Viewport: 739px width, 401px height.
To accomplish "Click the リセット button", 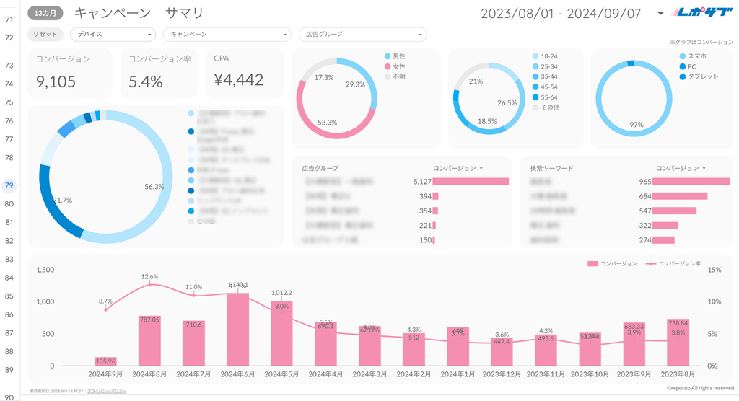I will click(x=45, y=35).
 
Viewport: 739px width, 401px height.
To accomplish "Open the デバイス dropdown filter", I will click(x=113, y=35).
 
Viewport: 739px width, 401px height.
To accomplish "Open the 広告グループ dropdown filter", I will click(x=362, y=35).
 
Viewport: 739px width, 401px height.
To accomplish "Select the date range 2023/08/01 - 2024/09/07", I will click(x=561, y=12).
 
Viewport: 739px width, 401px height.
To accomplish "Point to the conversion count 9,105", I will click(x=56, y=81).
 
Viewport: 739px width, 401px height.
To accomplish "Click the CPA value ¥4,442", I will click(x=239, y=80).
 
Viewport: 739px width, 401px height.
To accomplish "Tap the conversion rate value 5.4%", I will click(x=146, y=81).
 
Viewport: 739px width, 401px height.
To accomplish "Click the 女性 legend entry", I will click(x=399, y=66).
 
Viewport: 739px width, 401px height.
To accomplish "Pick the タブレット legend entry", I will click(x=703, y=76).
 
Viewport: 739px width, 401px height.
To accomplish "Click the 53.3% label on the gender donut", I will click(x=327, y=123).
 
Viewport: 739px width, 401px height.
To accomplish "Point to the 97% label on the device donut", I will click(x=636, y=124).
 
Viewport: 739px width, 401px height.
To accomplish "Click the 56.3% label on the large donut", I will click(x=154, y=186).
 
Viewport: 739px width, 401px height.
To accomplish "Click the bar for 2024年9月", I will click(x=105, y=361).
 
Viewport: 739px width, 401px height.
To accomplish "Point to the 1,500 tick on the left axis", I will click(x=45, y=270).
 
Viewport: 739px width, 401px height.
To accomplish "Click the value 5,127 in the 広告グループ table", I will click(x=422, y=182).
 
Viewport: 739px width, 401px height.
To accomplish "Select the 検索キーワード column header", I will click(x=552, y=168).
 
